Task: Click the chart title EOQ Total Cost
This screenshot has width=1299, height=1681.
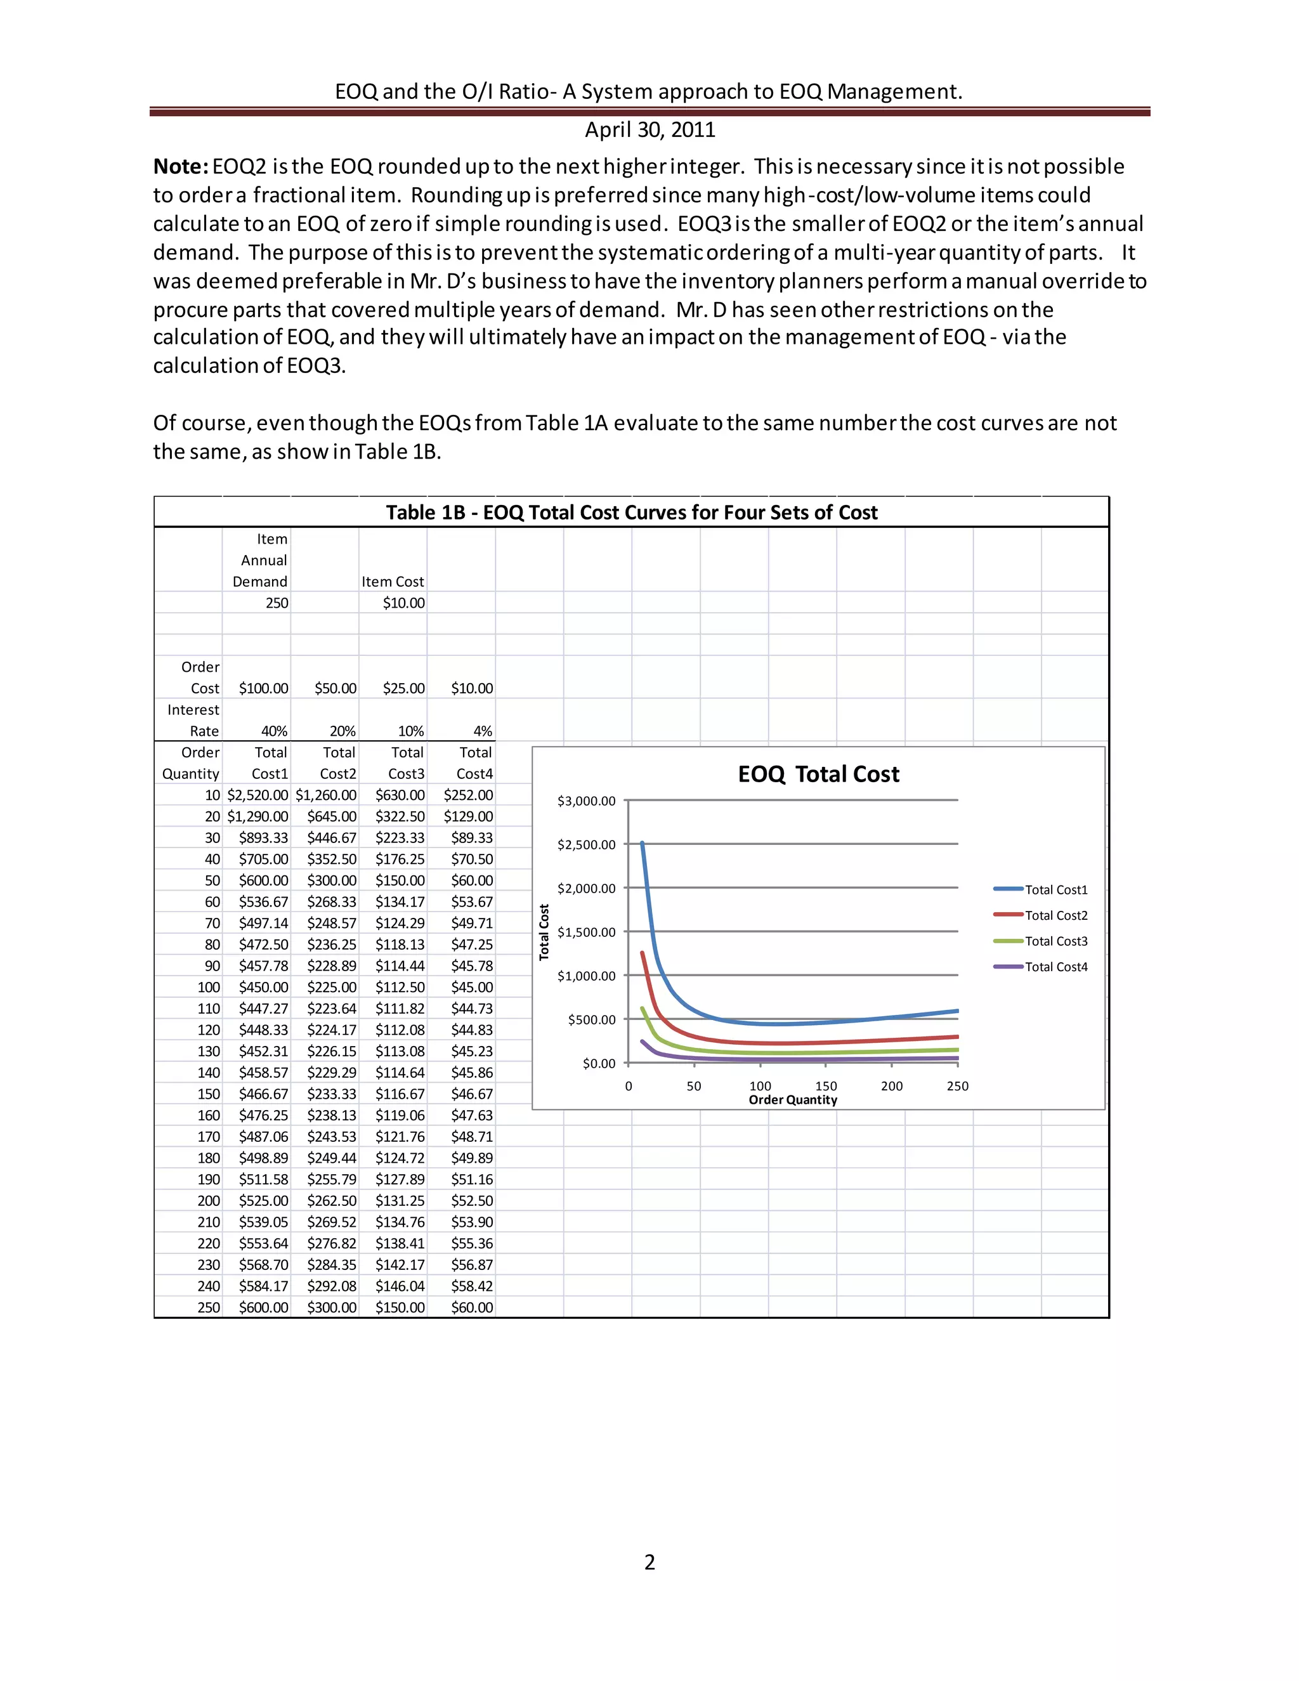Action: pos(818,775)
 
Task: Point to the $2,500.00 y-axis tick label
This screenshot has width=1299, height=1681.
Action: pos(587,845)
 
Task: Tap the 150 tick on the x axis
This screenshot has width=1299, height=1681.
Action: pos(826,1086)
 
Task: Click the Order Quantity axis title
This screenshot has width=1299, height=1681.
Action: pos(793,1100)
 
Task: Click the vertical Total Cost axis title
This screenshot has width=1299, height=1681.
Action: pos(544,932)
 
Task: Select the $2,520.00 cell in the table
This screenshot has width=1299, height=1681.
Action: pos(258,795)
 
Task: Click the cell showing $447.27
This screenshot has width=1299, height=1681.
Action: pos(263,1009)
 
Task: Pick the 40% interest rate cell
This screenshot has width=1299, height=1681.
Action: pos(274,731)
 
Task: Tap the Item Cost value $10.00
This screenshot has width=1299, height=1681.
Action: pos(403,603)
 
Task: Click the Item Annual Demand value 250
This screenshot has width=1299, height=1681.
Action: pos(277,603)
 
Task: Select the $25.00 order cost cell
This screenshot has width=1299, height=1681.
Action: pos(403,689)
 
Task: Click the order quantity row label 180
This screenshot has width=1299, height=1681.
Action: pos(209,1158)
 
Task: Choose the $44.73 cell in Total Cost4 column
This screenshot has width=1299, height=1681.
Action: pos(472,1009)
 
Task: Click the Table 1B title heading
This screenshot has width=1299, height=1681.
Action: pos(631,513)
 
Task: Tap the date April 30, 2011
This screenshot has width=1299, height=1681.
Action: pos(649,129)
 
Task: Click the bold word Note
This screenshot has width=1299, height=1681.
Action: pos(180,166)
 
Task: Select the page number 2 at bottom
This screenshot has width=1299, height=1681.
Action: pos(649,1562)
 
